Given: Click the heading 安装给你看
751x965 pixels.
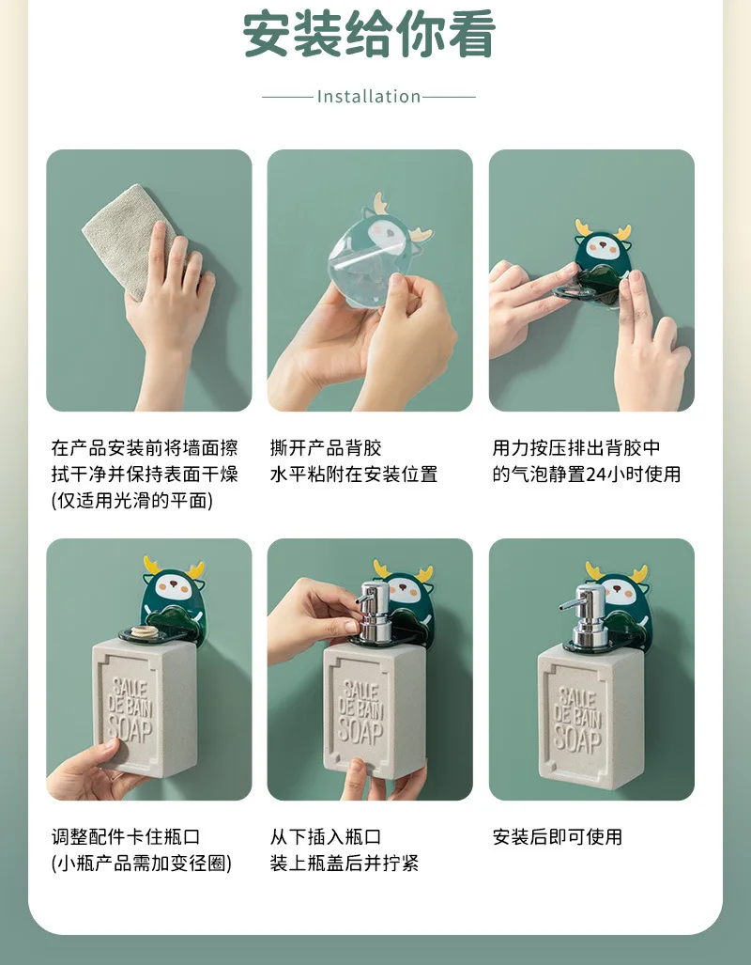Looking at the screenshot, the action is [369, 35].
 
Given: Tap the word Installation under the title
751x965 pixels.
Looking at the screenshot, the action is [369, 97].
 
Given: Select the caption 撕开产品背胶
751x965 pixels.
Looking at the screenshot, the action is [326, 447].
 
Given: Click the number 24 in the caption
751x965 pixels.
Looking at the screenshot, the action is [596, 475].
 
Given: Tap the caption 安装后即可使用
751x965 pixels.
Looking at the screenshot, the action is [558, 837].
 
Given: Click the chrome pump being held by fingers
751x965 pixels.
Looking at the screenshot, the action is [374, 612].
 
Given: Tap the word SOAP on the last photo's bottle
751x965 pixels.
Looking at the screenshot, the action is [577, 738].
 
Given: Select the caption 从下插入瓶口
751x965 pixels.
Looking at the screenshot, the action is [326, 837].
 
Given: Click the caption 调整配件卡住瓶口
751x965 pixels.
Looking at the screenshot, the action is [126, 837].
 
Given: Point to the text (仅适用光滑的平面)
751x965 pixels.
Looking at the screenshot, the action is [132, 501].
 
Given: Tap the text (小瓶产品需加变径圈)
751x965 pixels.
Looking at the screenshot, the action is [142, 864].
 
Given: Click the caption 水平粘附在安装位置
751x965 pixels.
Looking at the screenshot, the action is [354, 475].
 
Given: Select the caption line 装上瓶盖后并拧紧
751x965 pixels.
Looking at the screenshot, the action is [345, 864].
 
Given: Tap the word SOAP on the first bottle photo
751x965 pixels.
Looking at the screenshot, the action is [130, 729].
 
